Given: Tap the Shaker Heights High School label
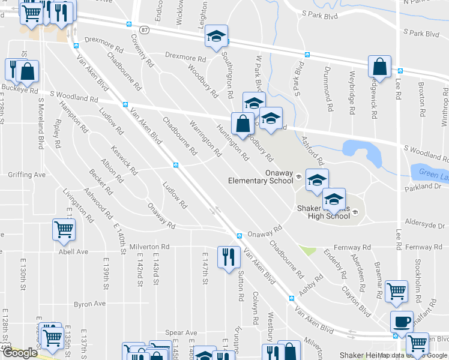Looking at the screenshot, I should click(324, 212).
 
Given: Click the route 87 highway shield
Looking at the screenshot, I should click(145, 29).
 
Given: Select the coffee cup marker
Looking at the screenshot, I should click(402, 322).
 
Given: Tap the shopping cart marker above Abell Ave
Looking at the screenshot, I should click(64, 230).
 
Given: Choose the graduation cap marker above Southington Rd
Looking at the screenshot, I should click(216, 36).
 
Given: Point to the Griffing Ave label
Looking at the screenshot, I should click(26, 175).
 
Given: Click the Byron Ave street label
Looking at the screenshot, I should click(89, 304).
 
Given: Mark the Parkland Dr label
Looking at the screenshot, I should click(423, 187).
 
